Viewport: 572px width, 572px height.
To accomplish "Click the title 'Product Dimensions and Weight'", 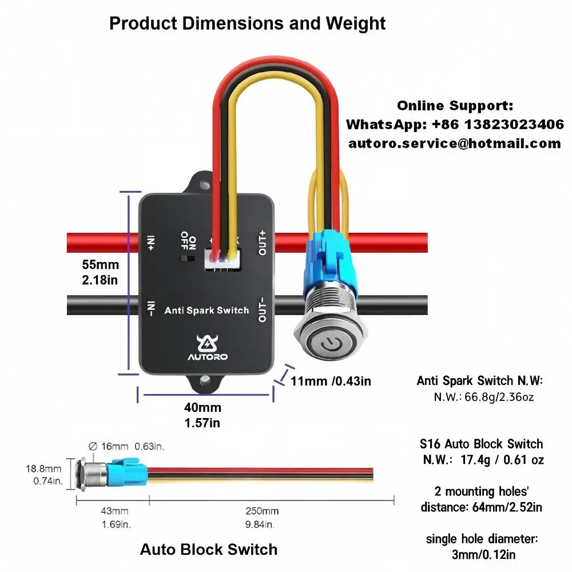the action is [x=247, y=24].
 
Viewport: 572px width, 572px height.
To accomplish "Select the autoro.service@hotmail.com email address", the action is [x=455, y=144].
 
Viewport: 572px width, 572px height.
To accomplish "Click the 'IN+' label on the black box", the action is [x=151, y=243].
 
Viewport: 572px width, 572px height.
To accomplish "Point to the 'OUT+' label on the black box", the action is [x=263, y=243].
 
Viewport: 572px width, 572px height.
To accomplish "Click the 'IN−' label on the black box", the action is [x=151, y=309].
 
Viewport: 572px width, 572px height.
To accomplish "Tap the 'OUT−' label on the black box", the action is [x=263, y=309].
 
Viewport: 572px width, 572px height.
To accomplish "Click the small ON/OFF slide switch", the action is [x=188, y=259].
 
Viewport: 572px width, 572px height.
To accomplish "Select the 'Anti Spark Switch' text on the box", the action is [x=206, y=311].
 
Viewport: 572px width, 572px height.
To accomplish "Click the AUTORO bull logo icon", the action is [x=207, y=344].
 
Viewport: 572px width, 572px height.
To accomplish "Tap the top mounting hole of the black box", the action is [x=205, y=185].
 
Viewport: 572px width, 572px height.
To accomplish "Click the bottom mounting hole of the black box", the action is [x=205, y=380].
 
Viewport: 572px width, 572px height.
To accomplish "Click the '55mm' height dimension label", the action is [x=100, y=264].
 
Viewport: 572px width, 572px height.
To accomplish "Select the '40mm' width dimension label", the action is [x=202, y=407].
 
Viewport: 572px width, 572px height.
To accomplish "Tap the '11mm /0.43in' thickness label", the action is [x=331, y=381].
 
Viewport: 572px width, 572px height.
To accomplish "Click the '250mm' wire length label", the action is [x=262, y=511].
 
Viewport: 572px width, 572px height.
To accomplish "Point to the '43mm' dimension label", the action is [x=114, y=511].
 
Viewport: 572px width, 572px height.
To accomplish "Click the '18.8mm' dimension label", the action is [x=43, y=469].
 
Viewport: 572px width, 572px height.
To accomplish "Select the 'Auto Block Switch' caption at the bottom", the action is [x=209, y=549].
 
